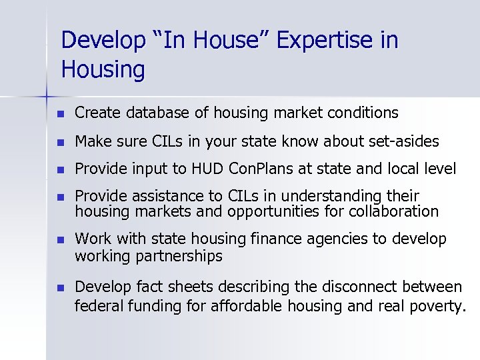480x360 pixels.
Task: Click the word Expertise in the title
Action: (317, 41)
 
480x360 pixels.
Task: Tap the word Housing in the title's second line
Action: (102, 69)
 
